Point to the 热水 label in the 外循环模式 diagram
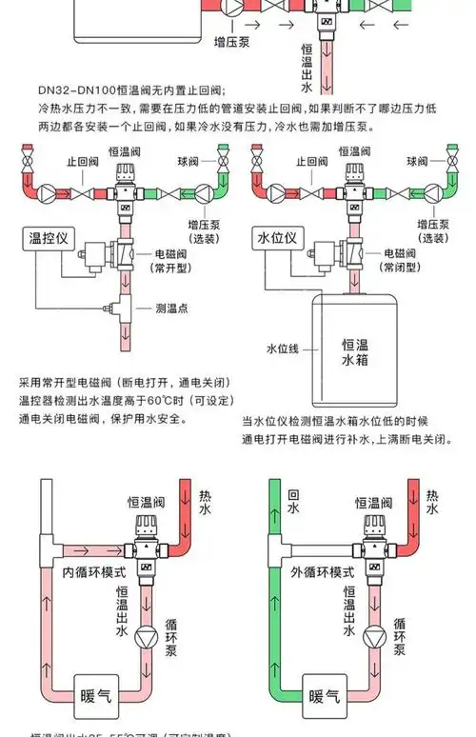433,503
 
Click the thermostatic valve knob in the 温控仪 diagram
125,171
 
